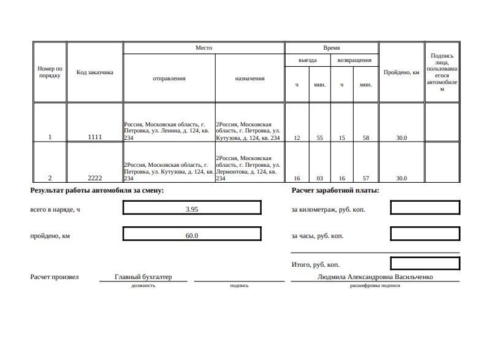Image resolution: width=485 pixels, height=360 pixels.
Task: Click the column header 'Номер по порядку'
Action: [x=50, y=72]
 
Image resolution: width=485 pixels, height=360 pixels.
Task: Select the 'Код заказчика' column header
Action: [x=94, y=72]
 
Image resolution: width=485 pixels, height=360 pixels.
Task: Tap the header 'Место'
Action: [x=204, y=48]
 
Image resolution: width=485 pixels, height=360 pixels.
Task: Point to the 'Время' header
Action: [x=331, y=48]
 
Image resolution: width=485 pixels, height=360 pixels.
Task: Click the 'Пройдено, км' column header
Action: [x=401, y=72]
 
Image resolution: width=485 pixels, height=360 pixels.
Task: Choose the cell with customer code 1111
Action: [x=94, y=137]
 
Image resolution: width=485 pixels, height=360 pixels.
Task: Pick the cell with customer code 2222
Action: [x=94, y=178]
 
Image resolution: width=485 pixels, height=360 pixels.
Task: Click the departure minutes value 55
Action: [x=319, y=138]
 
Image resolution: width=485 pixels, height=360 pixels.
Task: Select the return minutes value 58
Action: [x=365, y=138]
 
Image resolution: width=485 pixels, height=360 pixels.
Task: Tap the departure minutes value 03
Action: [x=319, y=178]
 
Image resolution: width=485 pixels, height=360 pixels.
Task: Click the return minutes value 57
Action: [x=365, y=178]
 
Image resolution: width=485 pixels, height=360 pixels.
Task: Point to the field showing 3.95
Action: [x=192, y=209]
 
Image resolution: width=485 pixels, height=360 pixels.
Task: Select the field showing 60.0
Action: [x=192, y=236]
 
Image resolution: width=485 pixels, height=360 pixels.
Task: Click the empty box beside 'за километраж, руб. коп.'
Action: [x=425, y=208]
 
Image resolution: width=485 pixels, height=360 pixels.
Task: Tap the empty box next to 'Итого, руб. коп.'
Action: [x=425, y=264]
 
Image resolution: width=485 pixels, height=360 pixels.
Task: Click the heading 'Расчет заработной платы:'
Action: [x=335, y=191]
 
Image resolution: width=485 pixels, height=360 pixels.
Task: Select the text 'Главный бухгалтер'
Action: [x=143, y=277]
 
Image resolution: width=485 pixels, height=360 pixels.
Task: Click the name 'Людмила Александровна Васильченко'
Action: [x=375, y=277]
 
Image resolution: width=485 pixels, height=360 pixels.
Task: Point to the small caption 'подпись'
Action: [x=239, y=286]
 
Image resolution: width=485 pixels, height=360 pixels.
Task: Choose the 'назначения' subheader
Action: [x=250, y=79]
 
